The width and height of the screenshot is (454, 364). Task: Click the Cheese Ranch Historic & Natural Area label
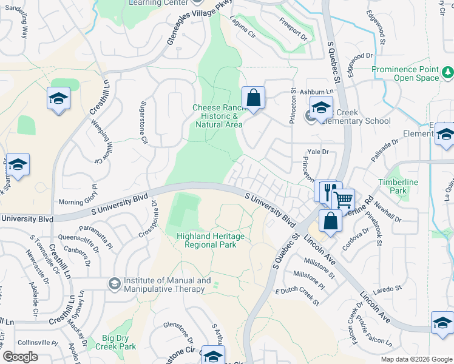pyautogui.click(x=218, y=116)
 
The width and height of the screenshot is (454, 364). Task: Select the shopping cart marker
pyautogui.click(x=343, y=199)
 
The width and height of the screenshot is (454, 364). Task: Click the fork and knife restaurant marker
pyautogui.click(x=328, y=191)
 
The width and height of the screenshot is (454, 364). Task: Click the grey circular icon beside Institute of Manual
pyautogui.click(x=113, y=283)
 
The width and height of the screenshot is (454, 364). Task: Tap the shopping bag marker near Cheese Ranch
pyautogui.click(x=253, y=97)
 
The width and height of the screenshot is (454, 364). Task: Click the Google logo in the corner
pyautogui.click(x=20, y=357)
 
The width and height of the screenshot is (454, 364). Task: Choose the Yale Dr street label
pyautogui.click(x=317, y=152)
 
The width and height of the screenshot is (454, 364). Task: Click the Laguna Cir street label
pyautogui.click(x=242, y=27)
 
